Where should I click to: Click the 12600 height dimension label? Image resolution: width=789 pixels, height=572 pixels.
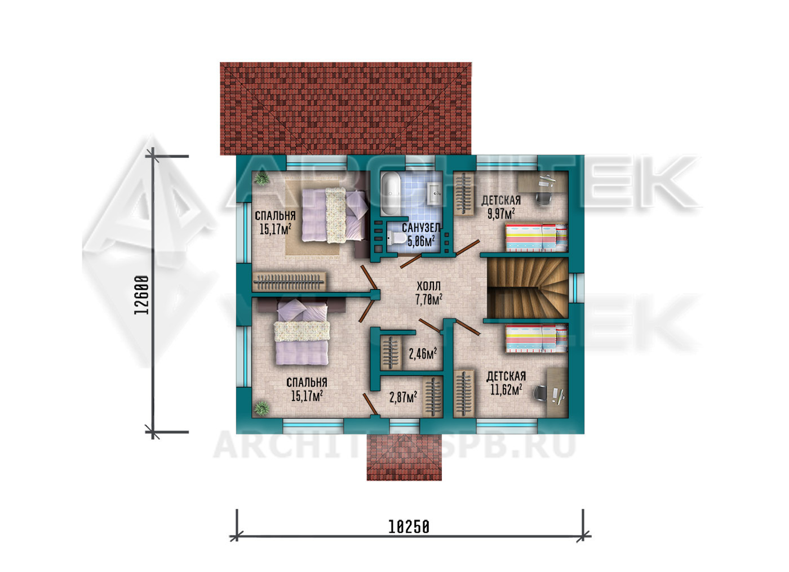pyautogui.click(x=142, y=295)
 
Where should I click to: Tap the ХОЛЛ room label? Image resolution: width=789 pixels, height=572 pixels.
pyautogui.click(x=428, y=286)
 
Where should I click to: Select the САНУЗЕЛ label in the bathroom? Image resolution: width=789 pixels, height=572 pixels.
pyautogui.click(x=421, y=228)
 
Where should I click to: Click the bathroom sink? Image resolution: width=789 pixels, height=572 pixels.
pyautogui.click(x=434, y=193)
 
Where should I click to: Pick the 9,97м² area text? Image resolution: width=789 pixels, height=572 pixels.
pyautogui.click(x=501, y=214)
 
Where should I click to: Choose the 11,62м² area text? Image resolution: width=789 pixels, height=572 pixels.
pyautogui.click(x=506, y=389)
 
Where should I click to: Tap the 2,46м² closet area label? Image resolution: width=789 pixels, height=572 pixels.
pyautogui.click(x=423, y=353)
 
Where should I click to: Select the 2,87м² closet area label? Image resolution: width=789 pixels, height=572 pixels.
pyautogui.click(x=404, y=397)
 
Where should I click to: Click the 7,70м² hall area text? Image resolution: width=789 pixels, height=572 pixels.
pyautogui.click(x=429, y=300)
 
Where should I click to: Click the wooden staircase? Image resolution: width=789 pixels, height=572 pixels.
pyautogui.click(x=528, y=288)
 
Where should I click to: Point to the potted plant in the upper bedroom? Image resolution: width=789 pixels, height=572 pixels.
pyautogui.click(x=261, y=179)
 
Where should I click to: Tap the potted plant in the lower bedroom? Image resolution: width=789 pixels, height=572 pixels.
pyautogui.click(x=261, y=408)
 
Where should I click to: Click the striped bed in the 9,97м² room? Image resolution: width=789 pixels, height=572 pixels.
pyautogui.click(x=537, y=237)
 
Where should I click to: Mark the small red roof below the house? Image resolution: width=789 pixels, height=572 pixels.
pyautogui.click(x=404, y=457)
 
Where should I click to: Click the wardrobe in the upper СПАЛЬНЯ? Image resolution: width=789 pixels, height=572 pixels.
pyautogui.click(x=289, y=281)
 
